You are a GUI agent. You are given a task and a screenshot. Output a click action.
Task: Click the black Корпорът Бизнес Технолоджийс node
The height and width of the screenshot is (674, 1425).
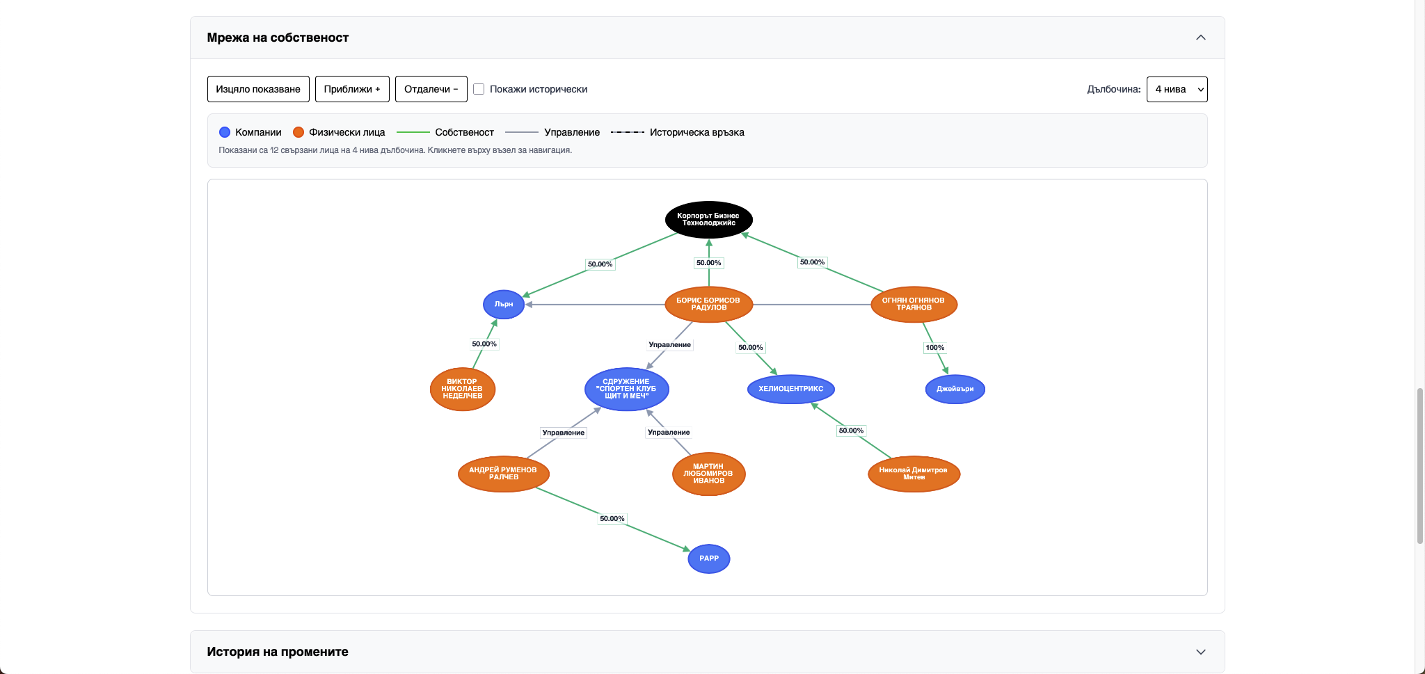pyautogui.click(x=708, y=220)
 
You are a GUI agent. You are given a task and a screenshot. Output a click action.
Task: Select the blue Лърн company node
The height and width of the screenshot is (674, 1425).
pyautogui.click(x=504, y=305)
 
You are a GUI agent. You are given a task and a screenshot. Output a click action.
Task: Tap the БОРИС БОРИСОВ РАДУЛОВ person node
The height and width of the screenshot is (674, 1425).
pyautogui.click(x=708, y=305)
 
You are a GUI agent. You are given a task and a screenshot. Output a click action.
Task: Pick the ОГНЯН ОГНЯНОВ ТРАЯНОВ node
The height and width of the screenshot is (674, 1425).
pyautogui.click(x=914, y=305)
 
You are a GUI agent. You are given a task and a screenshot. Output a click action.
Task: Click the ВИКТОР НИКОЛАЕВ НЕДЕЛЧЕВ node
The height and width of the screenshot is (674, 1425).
pyautogui.click(x=463, y=389)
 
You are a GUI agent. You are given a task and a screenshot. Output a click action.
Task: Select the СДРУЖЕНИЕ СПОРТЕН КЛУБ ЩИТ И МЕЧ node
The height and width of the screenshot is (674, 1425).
pyautogui.click(x=626, y=389)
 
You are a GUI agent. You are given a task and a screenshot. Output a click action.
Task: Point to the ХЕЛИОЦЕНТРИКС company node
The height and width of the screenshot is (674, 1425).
pyautogui.click(x=790, y=389)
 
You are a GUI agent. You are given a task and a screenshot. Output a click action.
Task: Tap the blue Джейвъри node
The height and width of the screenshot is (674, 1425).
pyautogui.click(x=955, y=389)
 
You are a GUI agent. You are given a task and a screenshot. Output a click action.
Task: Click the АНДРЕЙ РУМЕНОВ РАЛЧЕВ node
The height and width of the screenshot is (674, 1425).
pyautogui.click(x=503, y=474)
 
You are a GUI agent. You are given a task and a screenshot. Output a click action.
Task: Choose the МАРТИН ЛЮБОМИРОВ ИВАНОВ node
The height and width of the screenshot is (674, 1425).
pyautogui.click(x=708, y=474)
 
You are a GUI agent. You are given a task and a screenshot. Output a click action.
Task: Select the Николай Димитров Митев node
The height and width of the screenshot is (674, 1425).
pyautogui.click(x=914, y=474)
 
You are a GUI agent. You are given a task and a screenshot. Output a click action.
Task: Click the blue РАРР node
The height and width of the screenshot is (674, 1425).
pyautogui.click(x=708, y=559)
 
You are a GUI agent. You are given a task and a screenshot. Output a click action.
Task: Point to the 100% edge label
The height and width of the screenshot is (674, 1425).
pyautogui.click(x=934, y=348)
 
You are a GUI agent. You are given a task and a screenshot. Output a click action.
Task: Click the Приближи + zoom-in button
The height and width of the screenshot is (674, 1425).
pyautogui.click(x=352, y=89)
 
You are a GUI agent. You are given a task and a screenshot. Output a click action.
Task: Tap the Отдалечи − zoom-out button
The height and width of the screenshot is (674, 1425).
pyautogui.click(x=431, y=89)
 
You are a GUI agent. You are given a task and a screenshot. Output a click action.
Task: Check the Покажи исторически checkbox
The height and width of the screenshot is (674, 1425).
pyautogui.click(x=479, y=89)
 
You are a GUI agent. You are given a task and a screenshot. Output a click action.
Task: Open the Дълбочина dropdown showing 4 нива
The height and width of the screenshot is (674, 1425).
pyautogui.click(x=1177, y=89)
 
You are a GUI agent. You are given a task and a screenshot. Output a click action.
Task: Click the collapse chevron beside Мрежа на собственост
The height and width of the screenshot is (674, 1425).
pyautogui.click(x=1200, y=38)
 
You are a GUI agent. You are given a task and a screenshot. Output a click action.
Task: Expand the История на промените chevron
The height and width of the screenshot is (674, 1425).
pyautogui.click(x=1200, y=652)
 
